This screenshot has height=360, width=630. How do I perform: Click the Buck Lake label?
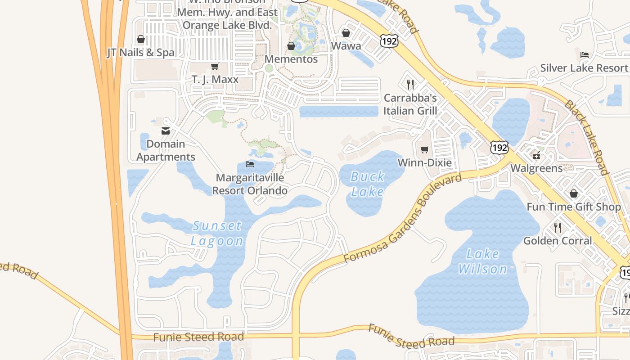point(368,184)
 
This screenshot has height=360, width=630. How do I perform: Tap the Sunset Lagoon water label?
point(217,233)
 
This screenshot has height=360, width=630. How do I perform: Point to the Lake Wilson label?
point(482,261)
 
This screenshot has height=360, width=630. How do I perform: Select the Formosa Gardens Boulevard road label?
point(403,219)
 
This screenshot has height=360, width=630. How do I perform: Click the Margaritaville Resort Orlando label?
point(250,184)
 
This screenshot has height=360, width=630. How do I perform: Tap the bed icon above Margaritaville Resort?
point(250,164)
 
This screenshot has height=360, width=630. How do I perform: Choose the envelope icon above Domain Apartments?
point(166,131)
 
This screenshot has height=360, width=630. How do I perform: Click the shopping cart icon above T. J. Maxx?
point(215,67)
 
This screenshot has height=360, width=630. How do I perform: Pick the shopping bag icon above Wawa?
point(346,33)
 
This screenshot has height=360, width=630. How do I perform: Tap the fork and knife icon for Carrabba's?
point(410,84)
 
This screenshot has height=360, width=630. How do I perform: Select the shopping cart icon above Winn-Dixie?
point(424,149)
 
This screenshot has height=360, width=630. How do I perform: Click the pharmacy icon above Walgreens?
point(536,155)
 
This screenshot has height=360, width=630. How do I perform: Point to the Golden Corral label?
point(558,241)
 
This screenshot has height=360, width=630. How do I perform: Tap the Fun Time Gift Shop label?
point(574,207)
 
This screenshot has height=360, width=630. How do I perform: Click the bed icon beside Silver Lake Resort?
point(585,55)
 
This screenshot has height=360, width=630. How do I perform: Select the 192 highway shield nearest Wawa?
point(389,41)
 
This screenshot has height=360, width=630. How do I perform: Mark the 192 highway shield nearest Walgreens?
point(499,148)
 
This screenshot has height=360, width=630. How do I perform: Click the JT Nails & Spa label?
point(140,53)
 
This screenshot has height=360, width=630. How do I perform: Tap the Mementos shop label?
point(291,59)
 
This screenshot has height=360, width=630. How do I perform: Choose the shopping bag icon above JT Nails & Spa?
point(141,39)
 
